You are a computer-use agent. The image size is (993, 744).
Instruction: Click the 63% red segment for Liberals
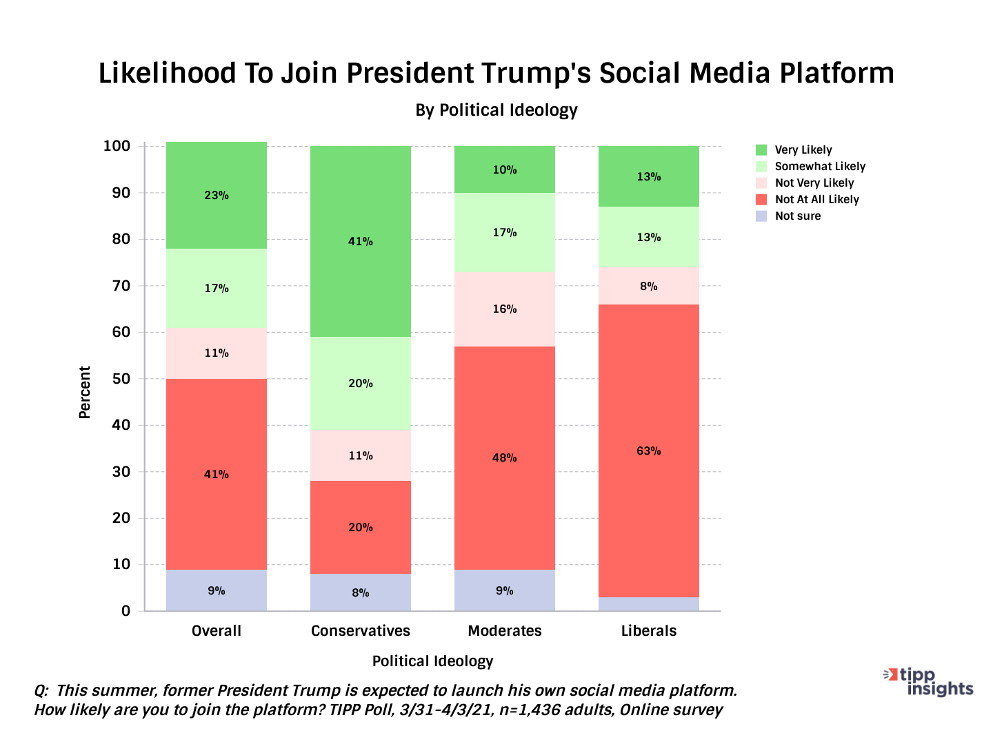tap(648, 451)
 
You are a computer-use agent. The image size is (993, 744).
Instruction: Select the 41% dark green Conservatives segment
tap(360, 241)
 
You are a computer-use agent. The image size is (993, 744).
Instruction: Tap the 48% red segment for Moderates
tap(504, 457)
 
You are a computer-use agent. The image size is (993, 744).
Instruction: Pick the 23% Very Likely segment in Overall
tap(216, 195)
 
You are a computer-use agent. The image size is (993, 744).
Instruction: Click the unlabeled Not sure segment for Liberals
tap(648, 604)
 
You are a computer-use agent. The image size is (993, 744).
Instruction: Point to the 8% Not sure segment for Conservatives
tap(360, 592)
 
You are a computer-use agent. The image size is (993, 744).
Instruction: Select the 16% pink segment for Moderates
tap(504, 309)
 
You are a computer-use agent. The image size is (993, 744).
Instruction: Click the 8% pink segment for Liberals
tap(648, 286)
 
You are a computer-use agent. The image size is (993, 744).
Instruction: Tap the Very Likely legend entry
tap(803, 149)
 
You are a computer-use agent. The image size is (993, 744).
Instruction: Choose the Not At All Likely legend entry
tap(816, 199)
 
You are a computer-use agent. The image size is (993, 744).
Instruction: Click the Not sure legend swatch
tap(761, 216)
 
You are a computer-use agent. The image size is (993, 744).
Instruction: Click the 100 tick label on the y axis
tap(117, 146)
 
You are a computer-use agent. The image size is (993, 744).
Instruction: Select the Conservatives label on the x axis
tap(360, 630)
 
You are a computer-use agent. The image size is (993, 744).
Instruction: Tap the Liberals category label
tap(648, 630)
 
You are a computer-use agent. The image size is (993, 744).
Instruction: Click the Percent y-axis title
tap(84, 392)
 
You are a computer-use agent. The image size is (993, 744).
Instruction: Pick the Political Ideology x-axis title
tap(432, 661)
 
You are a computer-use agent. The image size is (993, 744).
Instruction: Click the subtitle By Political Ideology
tap(496, 110)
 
